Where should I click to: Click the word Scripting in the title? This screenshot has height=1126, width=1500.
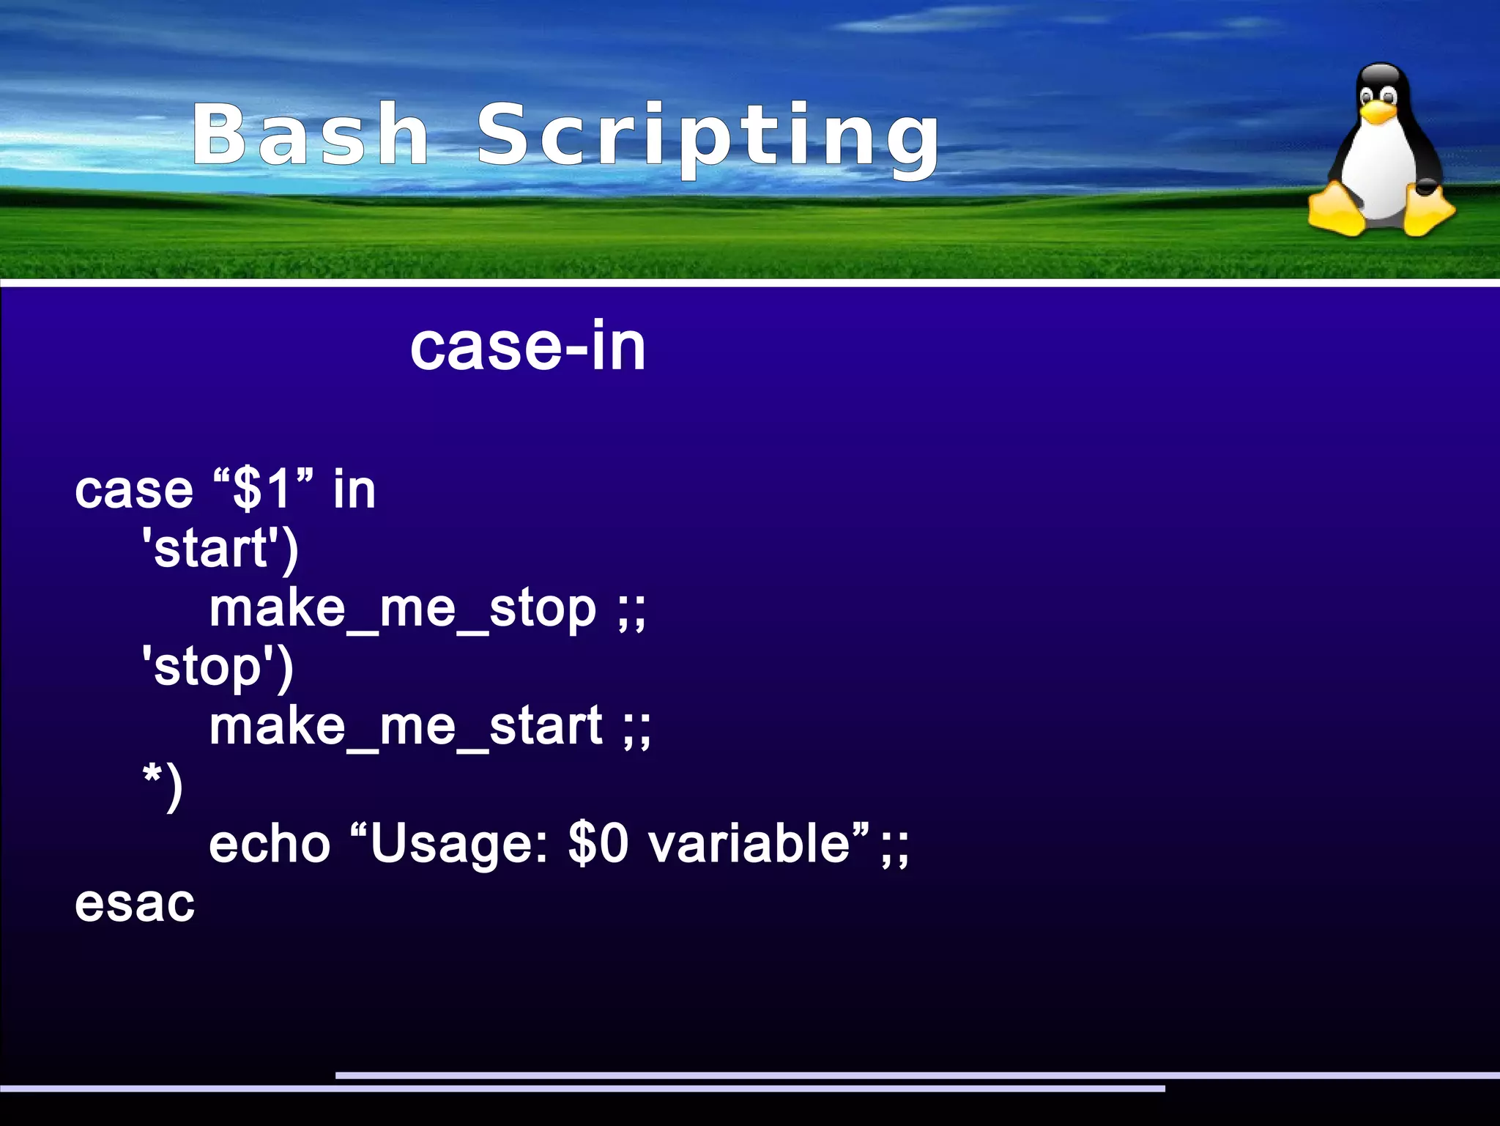coord(708,138)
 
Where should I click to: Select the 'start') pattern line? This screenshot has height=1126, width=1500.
coord(220,549)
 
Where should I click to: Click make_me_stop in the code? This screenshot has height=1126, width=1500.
coord(403,610)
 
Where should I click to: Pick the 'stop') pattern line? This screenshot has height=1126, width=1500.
coord(218,668)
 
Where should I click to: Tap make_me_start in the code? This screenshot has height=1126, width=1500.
coord(406,727)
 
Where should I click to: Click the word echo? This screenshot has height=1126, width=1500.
coord(270,845)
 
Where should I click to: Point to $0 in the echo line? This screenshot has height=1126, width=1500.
coord(598,845)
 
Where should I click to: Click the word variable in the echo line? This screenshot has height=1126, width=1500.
coord(749,845)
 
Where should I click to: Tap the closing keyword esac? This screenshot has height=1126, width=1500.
coord(135,904)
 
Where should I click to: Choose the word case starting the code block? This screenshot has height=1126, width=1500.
coord(134,491)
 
